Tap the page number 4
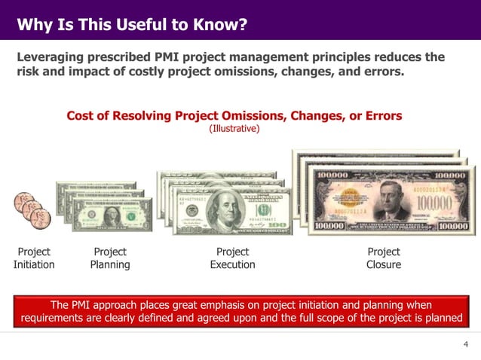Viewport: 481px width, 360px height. (466, 344)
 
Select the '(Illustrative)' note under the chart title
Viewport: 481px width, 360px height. (234, 129)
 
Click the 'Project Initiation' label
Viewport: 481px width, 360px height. (34, 258)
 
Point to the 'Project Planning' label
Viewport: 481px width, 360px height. (110, 258)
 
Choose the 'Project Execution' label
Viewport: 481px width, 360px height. (232, 258)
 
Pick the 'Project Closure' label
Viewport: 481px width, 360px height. (384, 258)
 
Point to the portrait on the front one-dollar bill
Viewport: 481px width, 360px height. (112, 216)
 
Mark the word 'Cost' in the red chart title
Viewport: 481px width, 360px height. (81, 116)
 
